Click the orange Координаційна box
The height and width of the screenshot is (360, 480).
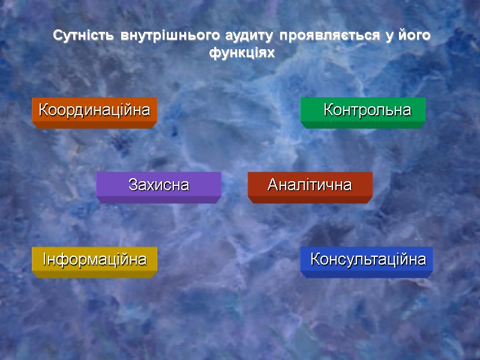[x=94, y=111]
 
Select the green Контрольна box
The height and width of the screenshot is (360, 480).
[x=363, y=111]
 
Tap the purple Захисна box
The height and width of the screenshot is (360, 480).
[x=158, y=185]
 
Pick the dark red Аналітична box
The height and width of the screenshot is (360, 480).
[x=310, y=185]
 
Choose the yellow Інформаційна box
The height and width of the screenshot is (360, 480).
[x=94, y=260]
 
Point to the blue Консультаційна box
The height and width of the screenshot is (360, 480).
[x=367, y=260]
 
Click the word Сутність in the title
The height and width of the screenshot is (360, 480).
[x=85, y=36]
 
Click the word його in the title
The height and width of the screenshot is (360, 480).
[x=413, y=37]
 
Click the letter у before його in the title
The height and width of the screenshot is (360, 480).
[x=389, y=37]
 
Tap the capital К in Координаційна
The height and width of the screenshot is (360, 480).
[x=43, y=111]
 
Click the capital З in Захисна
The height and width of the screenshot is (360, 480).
[x=133, y=185]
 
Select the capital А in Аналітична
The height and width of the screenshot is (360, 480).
[x=272, y=185]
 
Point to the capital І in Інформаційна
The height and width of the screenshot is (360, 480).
[x=44, y=260]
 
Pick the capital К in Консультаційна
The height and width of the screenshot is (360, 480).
[x=315, y=260]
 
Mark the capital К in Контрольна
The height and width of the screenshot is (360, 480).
[x=328, y=111]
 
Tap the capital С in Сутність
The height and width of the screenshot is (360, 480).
[x=58, y=36]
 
